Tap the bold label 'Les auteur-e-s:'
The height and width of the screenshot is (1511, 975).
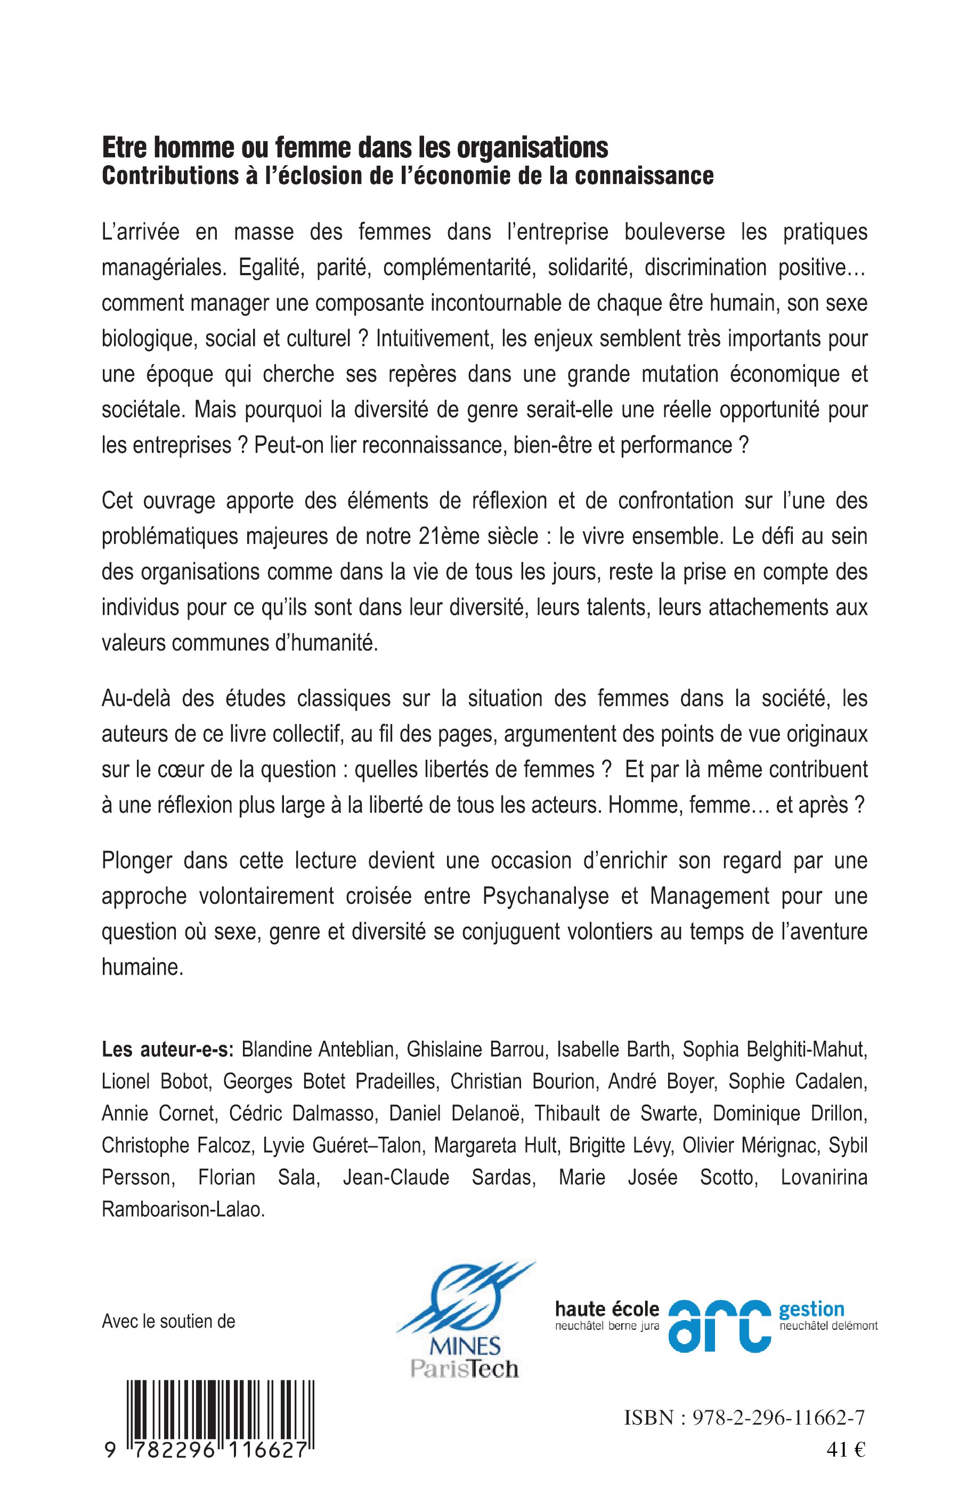point(168,1049)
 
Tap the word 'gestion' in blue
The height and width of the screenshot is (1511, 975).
point(811,1309)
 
